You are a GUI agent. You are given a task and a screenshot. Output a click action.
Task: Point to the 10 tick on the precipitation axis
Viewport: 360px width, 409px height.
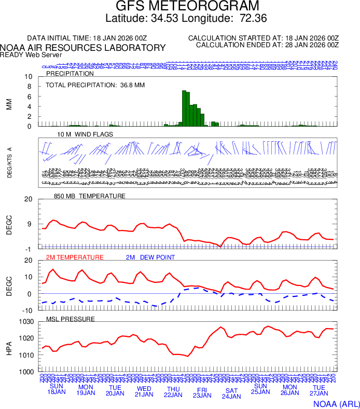(29, 77)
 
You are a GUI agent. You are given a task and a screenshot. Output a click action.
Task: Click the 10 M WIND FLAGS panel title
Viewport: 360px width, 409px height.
(85, 134)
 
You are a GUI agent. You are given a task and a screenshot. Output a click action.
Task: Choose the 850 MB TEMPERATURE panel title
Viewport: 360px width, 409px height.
(90, 196)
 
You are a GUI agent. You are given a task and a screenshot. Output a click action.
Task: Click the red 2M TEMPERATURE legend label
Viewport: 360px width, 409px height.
(75, 257)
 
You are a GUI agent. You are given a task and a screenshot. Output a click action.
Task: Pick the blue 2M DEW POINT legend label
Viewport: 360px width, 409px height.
(150, 257)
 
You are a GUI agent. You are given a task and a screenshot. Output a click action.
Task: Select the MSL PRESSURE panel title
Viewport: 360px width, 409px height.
(71, 319)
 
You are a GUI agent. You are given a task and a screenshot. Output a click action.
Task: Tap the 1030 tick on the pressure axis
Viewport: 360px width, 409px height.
(25, 322)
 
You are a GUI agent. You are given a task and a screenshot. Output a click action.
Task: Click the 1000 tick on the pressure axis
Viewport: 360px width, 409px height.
(25, 372)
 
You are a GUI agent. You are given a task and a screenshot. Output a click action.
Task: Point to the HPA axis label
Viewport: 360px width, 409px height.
(9, 347)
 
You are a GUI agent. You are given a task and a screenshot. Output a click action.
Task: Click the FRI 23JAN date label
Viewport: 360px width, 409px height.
(202, 392)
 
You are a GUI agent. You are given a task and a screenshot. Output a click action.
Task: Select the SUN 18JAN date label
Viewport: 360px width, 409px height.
(57, 389)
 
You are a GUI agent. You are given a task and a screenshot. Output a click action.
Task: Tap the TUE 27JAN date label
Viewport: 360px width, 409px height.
(319, 390)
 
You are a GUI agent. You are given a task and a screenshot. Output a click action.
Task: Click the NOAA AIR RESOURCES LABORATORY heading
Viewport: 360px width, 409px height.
(83, 48)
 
